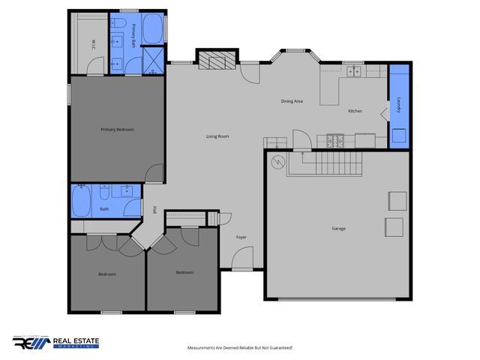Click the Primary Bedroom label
click(117, 130)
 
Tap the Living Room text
click(217, 136)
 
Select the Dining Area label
click(292, 100)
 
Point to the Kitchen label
click(355, 111)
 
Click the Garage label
click(339, 228)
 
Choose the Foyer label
click(241, 237)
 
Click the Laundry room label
click(400, 104)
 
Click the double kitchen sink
click(352, 71)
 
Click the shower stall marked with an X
click(153, 59)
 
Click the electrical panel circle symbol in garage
click(277, 162)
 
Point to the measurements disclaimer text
click(239, 348)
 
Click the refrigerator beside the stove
click(365, 139)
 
